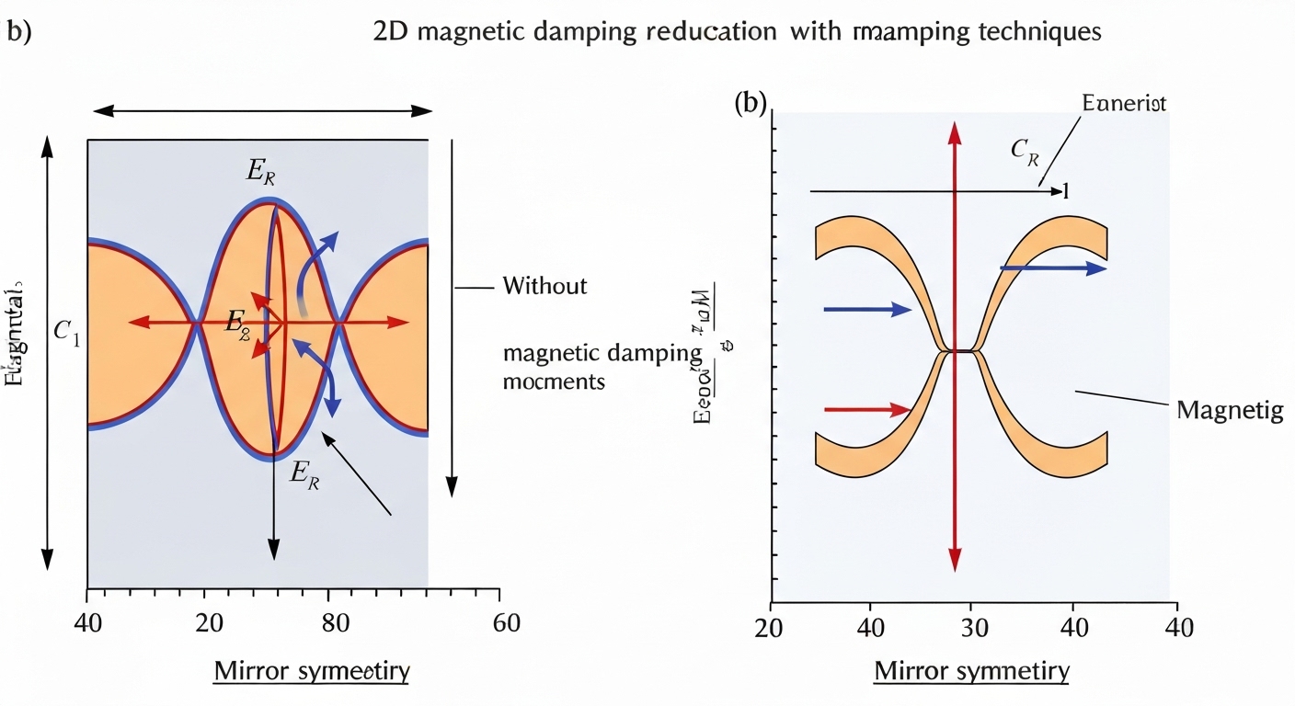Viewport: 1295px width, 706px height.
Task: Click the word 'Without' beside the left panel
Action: [x=544, y=286]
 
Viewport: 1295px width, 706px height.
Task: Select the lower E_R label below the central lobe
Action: [x=304, y=473]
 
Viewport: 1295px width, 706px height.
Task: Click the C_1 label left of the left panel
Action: [x=66, y=335]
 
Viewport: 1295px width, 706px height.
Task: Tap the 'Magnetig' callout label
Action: [x=1230, y=411]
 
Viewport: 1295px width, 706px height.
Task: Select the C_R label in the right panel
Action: [x=1025, y=154]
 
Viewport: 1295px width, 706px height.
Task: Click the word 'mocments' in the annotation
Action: [x=555, y=381]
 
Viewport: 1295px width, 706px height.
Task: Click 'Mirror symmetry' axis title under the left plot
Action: [x=312, y=671]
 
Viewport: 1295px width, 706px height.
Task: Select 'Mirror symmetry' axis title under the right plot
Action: [x=971, y=671]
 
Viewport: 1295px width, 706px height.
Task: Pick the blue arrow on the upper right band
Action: [x=1053, y=268]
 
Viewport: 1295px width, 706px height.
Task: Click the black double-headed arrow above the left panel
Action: [x=262, y=110]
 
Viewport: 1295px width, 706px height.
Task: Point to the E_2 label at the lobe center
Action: [x=238, y=322]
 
